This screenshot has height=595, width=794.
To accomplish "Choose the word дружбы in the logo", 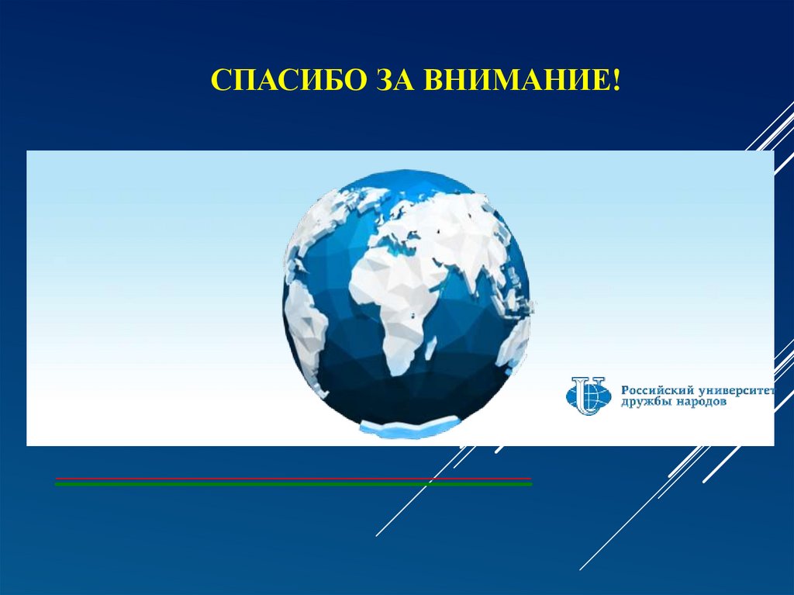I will tap(644, 403).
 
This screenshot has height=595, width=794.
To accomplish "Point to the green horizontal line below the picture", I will tap(293, 484).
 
